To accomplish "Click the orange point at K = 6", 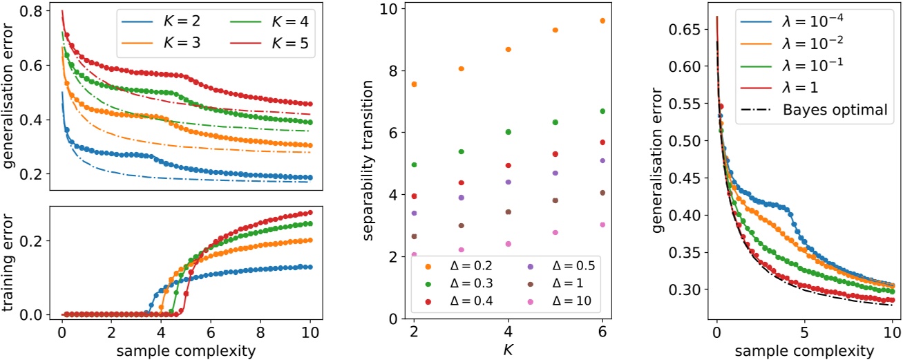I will pyautogui.click(x=602, y=21).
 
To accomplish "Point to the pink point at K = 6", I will pyautogui.click(x=602, y=225).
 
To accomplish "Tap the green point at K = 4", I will pyautogui.click(x=508, y=131).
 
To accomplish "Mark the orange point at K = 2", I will pyautogui.click(x=414, y=84).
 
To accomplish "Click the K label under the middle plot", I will pyautogui.click(x=508, y=349).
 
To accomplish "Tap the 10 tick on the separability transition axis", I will pyautogui.click(x=390, y=9).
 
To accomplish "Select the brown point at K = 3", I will pyautogui.click(x=461, y=225).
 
